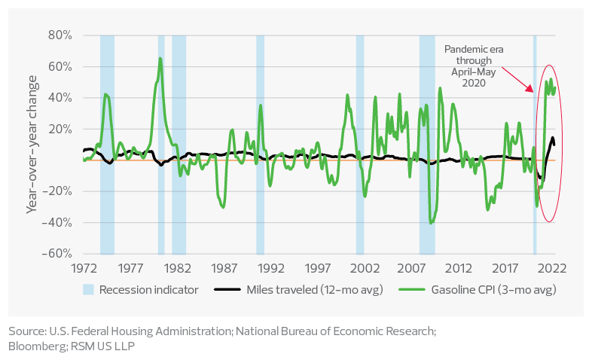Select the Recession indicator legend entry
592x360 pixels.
[x=140, y=289]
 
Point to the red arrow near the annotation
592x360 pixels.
[x=517, y=78]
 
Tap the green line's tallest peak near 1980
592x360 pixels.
[x=160, y=58]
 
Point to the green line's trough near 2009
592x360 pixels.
[x=432, y=222]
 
